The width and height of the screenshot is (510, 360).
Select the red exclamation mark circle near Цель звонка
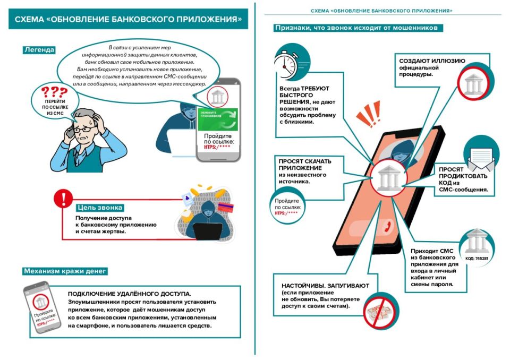(64, 199)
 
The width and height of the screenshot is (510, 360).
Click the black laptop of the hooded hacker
(207, 232)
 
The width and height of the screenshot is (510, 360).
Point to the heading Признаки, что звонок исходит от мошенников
(358, 28)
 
